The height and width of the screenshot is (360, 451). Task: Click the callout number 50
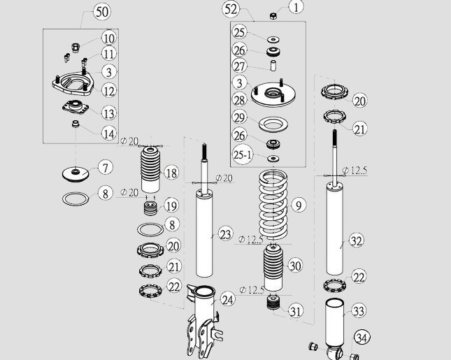point(102,12)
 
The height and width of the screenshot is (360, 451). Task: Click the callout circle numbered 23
point(224,234)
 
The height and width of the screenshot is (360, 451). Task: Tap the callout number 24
point(227,300)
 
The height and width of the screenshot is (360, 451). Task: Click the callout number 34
point(361,338)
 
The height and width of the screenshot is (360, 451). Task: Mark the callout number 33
point(357,310)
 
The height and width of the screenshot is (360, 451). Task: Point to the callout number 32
point(356,241)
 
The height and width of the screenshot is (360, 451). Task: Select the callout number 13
point(108,113)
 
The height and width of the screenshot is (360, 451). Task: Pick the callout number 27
point(240,66)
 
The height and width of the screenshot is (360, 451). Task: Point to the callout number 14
point(108,133)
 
